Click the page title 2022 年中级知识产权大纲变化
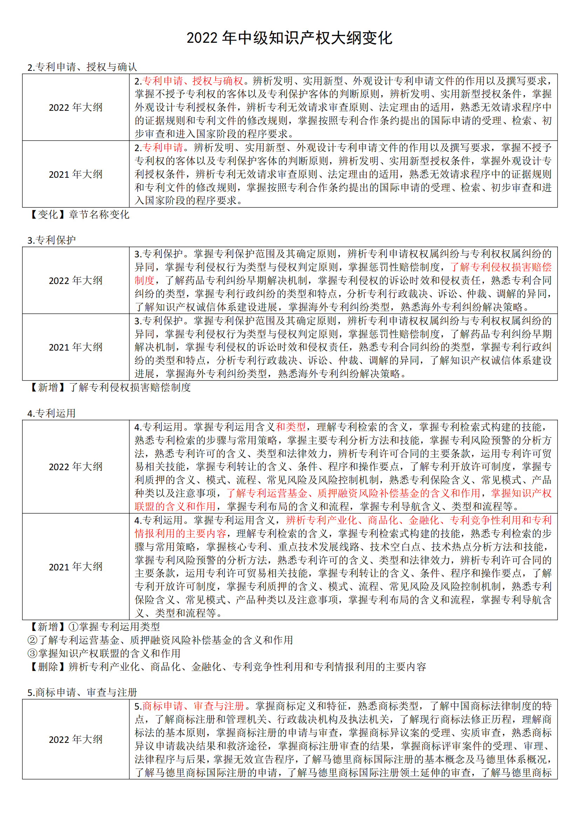[290, 38]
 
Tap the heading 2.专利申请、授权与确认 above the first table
[82, 67]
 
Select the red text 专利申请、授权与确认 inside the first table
[193, 81]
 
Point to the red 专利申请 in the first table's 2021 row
[162, 148]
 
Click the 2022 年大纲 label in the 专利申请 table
[76, 107]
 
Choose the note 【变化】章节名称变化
[79, 214]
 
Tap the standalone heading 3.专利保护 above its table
[52, 240]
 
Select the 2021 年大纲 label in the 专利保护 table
[76, 347]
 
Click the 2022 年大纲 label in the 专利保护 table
[76, 280]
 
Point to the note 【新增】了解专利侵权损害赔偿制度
[110, 387]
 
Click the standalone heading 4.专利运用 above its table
[52, 413]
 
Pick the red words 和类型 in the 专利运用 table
[291, 427]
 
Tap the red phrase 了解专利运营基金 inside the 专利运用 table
[267, 493]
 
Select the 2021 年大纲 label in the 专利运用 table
[76, 567]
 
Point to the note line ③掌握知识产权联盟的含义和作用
[104, 653]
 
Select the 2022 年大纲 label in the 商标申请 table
[76, 739]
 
